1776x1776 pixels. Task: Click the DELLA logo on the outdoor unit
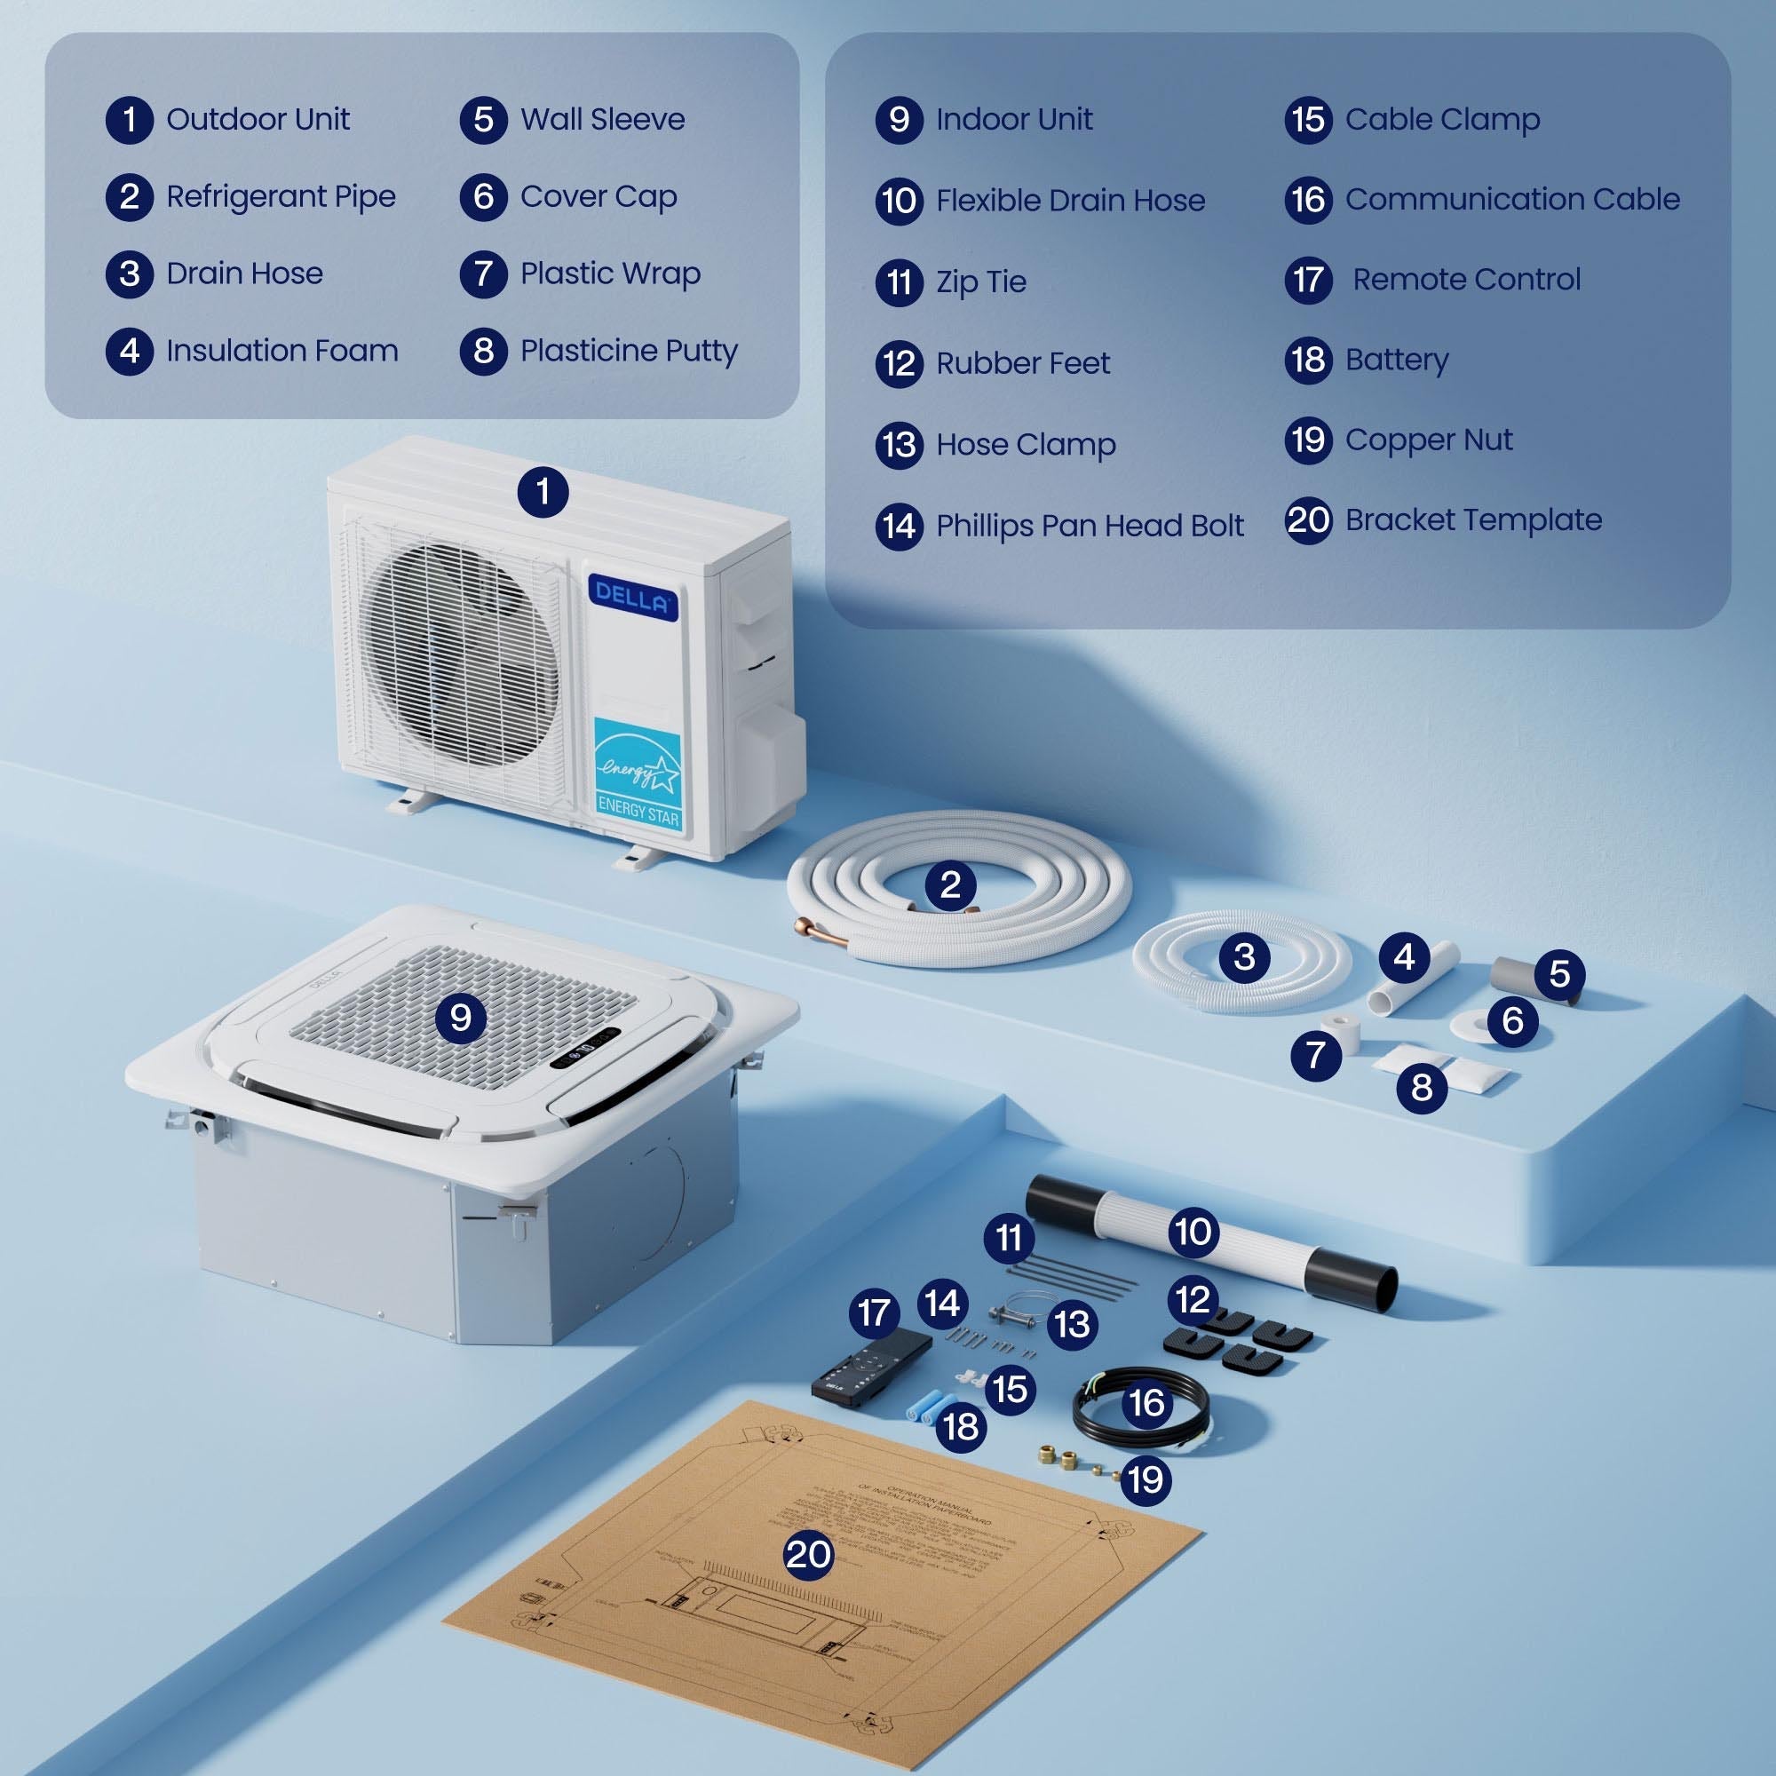pyautogui.click(x=632, y=599)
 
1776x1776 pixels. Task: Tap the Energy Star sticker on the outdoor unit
pyautogui.click(x=638, y=776)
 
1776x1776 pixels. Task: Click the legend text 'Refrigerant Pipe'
pyautogui.click(x=281, y=197)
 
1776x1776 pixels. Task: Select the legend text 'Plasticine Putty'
pyautogui.click(x=629, y=351)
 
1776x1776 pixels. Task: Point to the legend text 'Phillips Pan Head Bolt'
pyautogui.click(x=1090, y=526)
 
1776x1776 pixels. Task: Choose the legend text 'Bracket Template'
pyautogui.click(x=1472, y=520)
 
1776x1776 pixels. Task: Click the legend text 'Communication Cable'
pyautogui.click(x=1512, y=200)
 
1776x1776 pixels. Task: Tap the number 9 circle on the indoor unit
pyautogui.click(x=461, y=1018)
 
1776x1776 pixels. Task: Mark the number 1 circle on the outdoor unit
pyautogui.click(x=543, y=492)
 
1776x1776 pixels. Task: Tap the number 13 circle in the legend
pyautogui.click(x=899, y=445)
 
